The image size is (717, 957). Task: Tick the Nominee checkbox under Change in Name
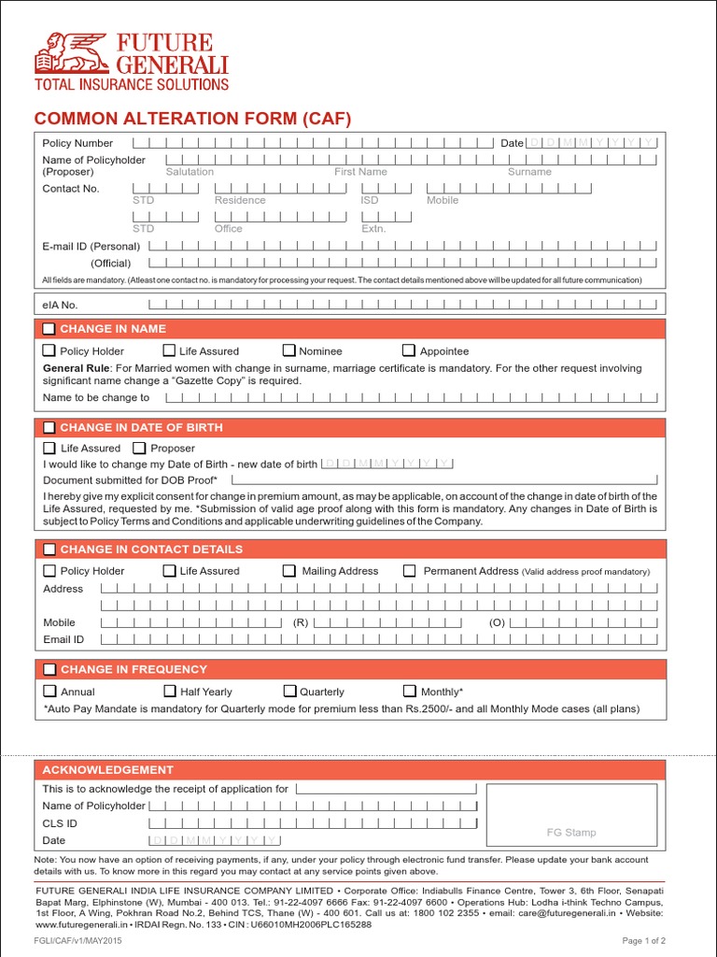(289, 350)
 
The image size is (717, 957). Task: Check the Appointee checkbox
(409, 350)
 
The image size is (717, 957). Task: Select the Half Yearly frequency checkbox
(170, 692)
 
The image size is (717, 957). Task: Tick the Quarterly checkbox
(290, 692)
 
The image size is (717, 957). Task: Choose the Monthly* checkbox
(410, 692)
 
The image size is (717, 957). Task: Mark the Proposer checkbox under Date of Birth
(139, 448)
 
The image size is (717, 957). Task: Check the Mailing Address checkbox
(290, 570)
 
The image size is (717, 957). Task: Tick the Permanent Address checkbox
(410, 570)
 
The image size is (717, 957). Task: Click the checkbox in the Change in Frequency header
(49, 669)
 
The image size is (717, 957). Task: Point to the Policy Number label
(77, 143)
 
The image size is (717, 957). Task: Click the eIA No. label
(61, 304)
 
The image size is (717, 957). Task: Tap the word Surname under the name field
(529, 172)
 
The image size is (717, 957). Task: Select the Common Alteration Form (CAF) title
(192, 119)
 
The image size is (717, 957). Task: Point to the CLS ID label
(60, 823)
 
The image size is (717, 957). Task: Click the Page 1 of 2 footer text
(643, 940)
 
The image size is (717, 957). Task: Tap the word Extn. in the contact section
(373, 228)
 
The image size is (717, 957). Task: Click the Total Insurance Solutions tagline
(132, 84)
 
